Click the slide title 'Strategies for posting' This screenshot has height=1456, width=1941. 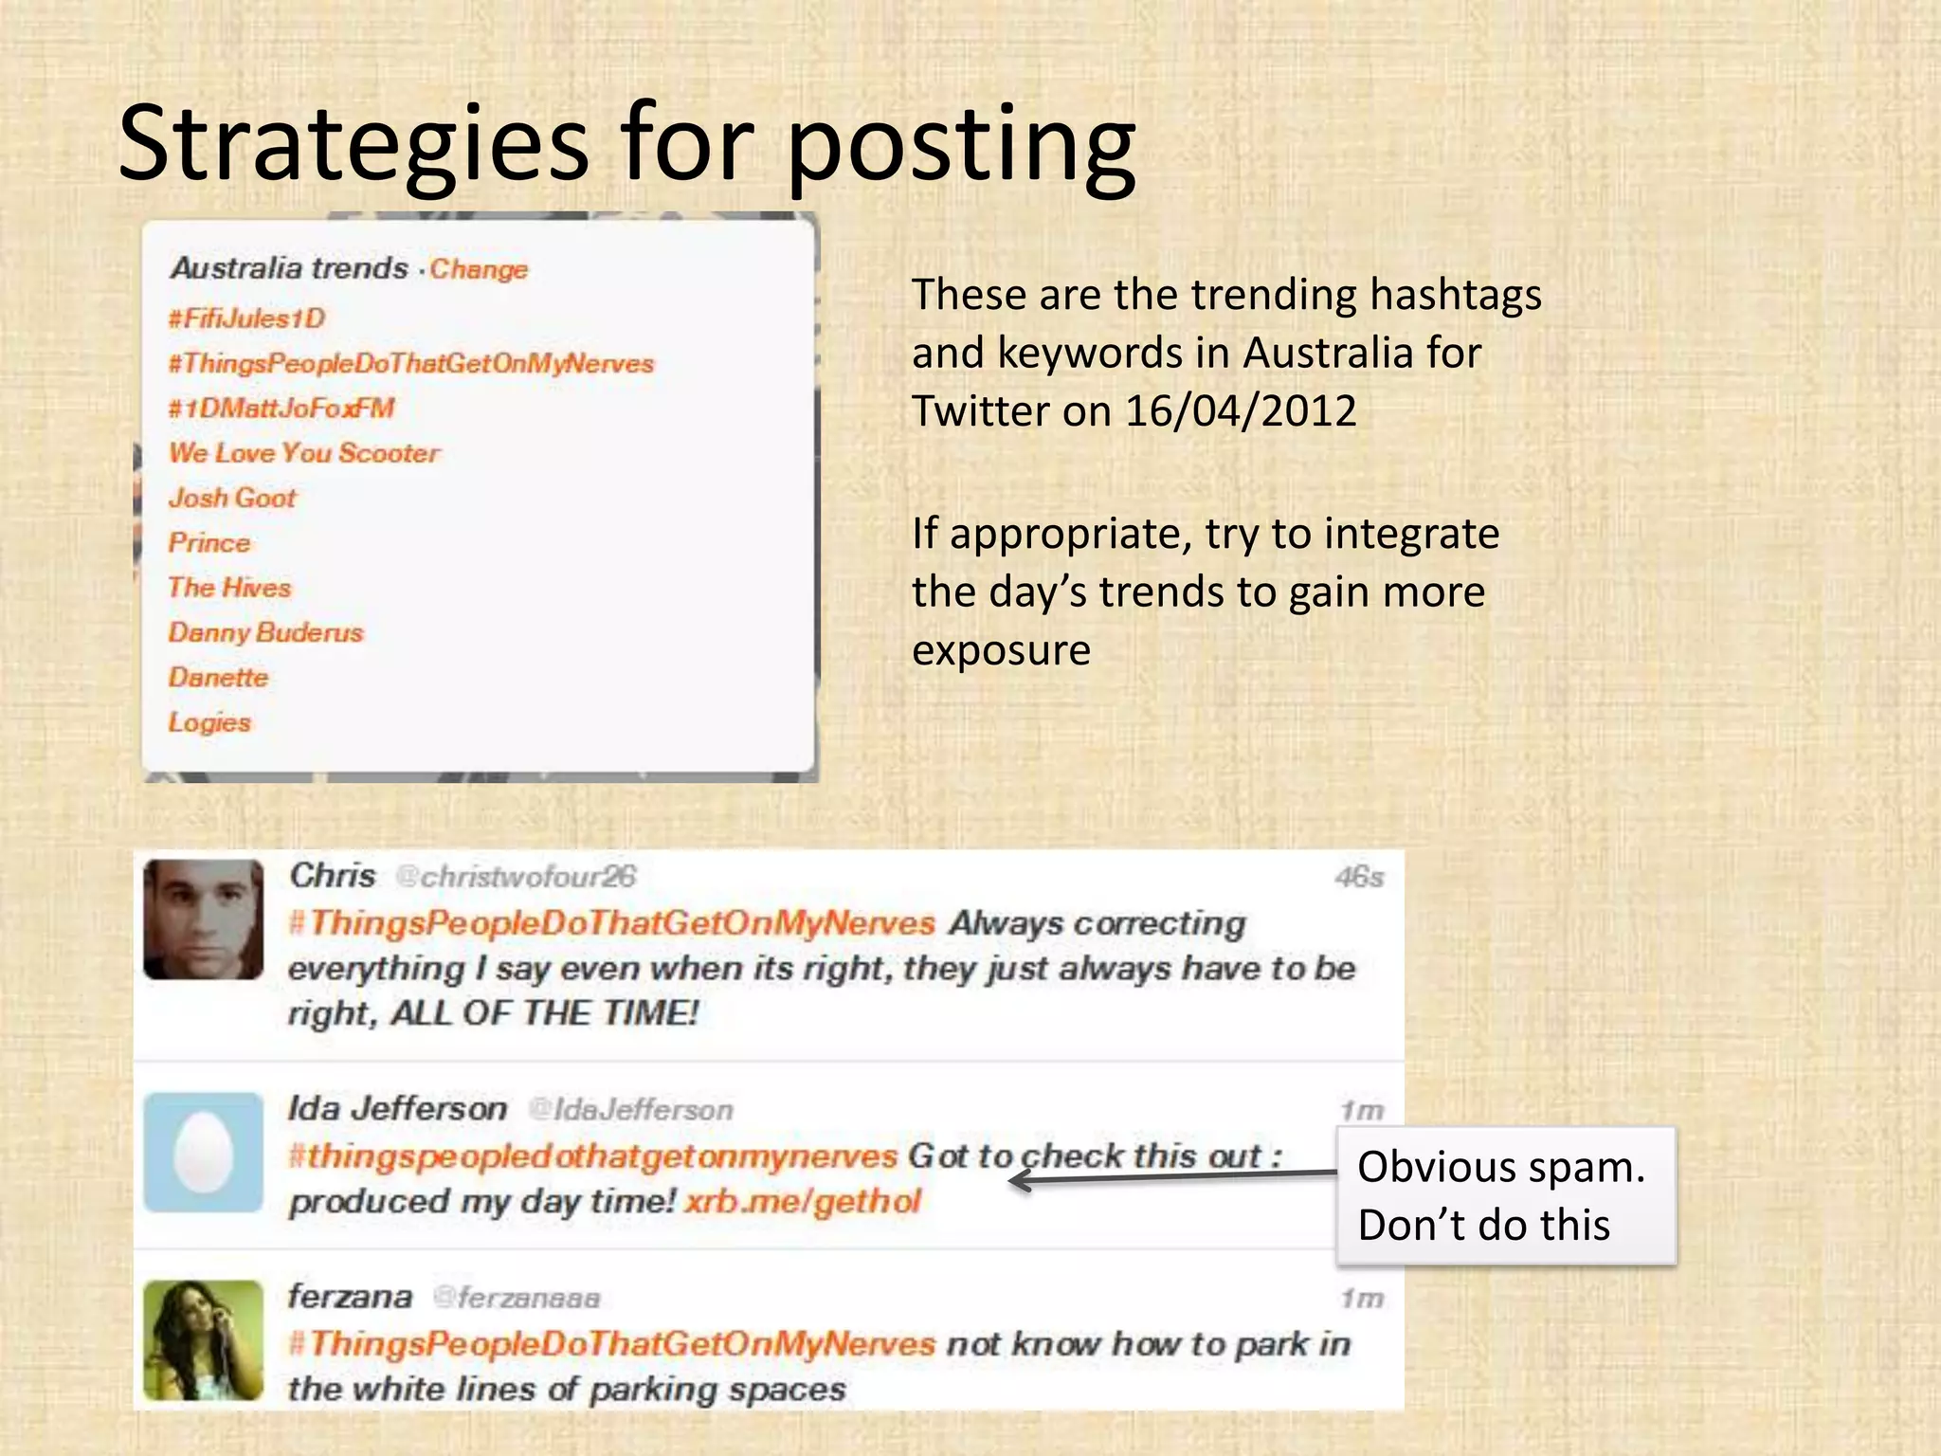tap(626, 144)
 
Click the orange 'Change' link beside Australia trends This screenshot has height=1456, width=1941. tap(479, 269)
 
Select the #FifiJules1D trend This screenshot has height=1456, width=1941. tap(246, 318)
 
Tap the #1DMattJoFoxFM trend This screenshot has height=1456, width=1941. tap(281, 408)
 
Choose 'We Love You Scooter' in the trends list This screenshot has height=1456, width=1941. tap(304, 452)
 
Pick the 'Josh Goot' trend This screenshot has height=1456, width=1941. tap(232, 498)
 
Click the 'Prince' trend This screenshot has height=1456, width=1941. tap(209, 542)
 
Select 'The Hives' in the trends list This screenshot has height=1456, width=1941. tap(229, 588)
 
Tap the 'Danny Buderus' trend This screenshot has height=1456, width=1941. tap(265, 632)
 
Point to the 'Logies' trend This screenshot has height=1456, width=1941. tap(209, 722)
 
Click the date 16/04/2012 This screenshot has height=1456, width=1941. tap(1241, 411)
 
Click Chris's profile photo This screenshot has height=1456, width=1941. tap(203, 919)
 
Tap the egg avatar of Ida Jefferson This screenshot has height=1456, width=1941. tap(203, 1153)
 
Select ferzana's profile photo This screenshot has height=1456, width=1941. tap(203, 1339)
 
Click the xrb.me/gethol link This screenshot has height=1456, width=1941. tap(802, 1202)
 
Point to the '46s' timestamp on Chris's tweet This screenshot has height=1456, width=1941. tap(1359, 877)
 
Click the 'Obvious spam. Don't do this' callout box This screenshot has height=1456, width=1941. tap(1505, 1195)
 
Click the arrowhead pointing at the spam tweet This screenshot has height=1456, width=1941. tap(1020, 1180)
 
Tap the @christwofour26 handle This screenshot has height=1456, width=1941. tap(516, 877)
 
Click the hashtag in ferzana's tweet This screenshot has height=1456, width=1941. tap(612, 1343)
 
